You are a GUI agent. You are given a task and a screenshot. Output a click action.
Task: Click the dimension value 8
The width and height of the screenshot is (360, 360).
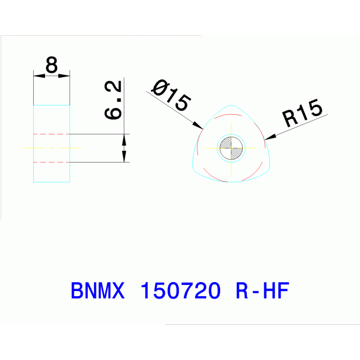coord(52,65)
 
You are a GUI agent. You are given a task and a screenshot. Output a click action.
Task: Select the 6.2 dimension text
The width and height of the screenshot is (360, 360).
coord(114,100)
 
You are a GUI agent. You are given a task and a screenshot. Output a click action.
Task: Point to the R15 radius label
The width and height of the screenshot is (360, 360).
coord(303,113)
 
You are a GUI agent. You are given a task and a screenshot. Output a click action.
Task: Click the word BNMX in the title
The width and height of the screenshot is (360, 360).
coord(98,291)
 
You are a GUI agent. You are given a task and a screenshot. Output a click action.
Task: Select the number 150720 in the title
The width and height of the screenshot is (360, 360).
coord(181,291)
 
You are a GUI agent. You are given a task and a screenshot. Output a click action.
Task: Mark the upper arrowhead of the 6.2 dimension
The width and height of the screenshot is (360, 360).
coord(124,139)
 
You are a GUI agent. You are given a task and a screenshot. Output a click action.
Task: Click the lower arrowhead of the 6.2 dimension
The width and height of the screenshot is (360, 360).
coord(124,157)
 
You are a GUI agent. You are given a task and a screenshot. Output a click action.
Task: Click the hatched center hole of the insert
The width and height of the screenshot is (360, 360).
coord(231,148)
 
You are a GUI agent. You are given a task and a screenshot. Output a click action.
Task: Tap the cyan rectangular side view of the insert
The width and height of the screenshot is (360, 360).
coord(52,174)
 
